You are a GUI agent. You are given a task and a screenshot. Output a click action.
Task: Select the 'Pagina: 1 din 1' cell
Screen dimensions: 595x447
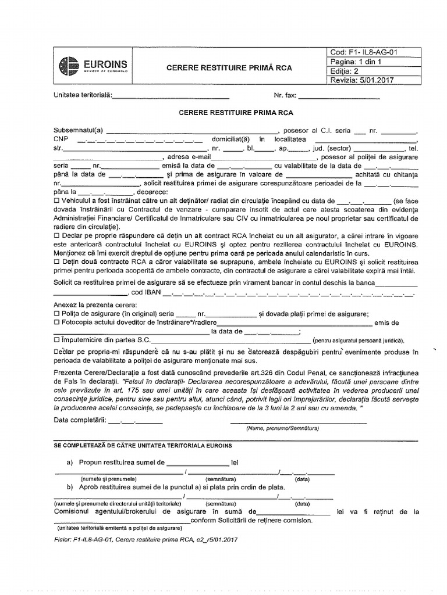point(356,62)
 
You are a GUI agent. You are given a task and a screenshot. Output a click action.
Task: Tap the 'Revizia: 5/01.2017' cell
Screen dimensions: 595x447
point(361,81)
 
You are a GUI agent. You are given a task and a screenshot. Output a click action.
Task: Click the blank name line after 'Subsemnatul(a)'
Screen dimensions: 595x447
point(192,131)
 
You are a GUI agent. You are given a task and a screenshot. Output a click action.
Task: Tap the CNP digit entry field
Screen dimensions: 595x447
point(140,139)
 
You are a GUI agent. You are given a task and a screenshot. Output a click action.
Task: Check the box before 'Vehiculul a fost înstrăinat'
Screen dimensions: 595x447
point(56,200)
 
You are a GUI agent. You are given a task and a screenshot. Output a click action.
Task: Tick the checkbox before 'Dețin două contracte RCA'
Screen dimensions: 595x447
point(56,261)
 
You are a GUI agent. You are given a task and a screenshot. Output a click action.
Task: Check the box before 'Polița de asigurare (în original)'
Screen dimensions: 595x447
point(56,314)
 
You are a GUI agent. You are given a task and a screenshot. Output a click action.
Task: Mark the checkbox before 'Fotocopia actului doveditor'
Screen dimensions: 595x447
point(56,322)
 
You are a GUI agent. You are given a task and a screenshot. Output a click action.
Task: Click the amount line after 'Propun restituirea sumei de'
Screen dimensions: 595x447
point(198,463)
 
